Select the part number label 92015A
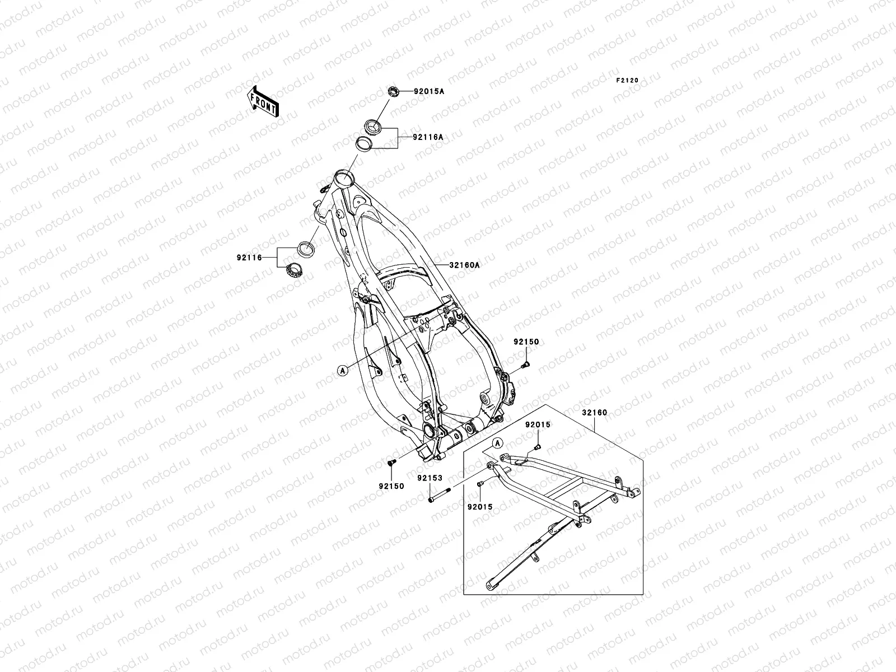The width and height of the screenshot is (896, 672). [x=429, y=91]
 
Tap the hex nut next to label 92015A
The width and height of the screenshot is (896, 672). [x=394, y=91]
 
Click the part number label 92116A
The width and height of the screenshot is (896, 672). [x=428, y=137]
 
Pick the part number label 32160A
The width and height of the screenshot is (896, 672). [x=464, y=265]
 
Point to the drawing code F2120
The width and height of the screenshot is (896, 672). [x=627, y=81]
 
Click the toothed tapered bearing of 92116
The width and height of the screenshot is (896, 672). [x=295, y=270]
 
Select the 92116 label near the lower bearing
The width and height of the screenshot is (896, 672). [x=250, y=258]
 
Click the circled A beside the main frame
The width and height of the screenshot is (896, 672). [x=342, y=370]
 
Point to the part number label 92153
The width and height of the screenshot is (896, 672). [x=430, y=478]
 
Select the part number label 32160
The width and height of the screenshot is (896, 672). [x=594, y=413]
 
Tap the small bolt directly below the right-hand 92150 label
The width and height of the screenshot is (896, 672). [x=525, y=366]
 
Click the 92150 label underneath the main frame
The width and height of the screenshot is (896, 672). [x=391, y=487]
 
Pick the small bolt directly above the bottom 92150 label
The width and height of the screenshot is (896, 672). [x=391, y=462]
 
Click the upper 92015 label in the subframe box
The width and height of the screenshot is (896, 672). [x=538, y=425]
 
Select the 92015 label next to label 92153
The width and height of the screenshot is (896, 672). [x=480, y=506]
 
